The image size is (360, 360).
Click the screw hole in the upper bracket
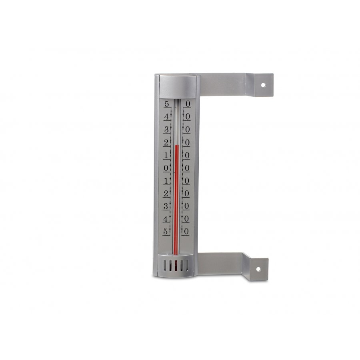coord(264,85)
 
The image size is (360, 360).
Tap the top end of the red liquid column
coord(176,145)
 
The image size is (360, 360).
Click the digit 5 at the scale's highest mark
coord(167,104)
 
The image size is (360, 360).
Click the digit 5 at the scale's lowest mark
coord(166,231)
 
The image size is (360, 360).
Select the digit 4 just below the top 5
coord(167,117)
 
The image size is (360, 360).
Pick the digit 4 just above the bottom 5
coord(166,219)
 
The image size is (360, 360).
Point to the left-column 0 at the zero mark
coord(166,168)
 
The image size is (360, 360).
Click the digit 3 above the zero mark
coord(167,130)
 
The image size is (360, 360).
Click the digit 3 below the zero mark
coord(166,206)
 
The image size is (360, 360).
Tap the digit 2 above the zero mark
coord(167,142)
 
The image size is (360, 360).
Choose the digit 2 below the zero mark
coord(166,193)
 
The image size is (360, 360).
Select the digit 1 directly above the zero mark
coord(167,155)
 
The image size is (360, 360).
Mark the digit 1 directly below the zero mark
coord(166,180)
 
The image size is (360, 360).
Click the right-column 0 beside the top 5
coord(187,104)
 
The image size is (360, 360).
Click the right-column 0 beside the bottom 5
coord(186,231)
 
